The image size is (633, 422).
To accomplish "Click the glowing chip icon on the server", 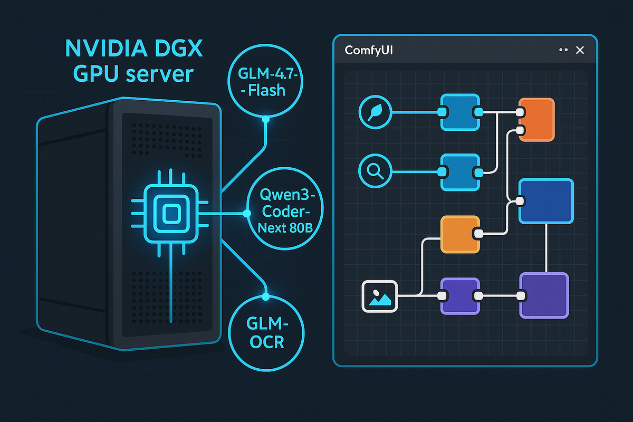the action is (170, 214).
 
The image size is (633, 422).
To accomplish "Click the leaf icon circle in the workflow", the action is (375, 112).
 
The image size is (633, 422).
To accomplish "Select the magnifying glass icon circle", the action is (375, 171).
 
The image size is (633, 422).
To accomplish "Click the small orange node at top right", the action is (537, 119).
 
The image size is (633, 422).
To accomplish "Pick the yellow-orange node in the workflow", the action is (460, 234).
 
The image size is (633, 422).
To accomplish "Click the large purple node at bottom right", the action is (545, 295).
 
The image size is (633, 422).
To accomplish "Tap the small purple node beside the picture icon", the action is (460, 295).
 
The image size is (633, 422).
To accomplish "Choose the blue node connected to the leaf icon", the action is (460, 112).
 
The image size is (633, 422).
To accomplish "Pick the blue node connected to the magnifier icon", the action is (460, 171).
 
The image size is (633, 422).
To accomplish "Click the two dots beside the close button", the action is (562, 50).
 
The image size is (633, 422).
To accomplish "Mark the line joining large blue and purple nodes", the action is (545, 248).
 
